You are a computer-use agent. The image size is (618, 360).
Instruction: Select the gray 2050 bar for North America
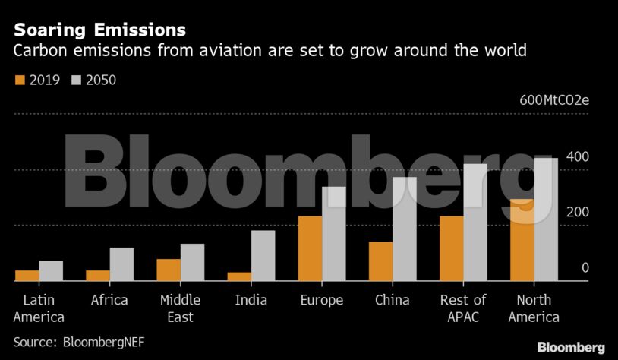click(546, 219)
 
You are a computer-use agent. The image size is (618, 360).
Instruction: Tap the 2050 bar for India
click(263, 255)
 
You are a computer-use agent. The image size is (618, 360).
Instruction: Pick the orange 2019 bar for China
click(380, 261)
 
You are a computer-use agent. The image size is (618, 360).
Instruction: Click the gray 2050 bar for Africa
click(121, 264)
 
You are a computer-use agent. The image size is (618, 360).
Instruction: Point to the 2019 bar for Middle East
click(169, 270)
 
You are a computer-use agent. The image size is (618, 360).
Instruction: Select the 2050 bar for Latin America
click(51, 271)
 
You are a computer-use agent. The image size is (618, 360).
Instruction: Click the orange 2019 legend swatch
click(20, 79)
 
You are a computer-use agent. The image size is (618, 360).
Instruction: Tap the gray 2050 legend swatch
click(76, 79)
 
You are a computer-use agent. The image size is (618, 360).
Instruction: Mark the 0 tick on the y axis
click(585, 267)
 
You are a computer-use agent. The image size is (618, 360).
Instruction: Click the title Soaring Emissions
click(99, 30)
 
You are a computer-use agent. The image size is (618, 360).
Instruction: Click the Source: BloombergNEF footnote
click(79, 342)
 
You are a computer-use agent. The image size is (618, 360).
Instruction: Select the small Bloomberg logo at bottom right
click(571, 347)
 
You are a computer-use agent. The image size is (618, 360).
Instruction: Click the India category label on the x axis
click(251, 300)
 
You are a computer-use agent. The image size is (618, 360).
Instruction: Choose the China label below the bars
click(393, 300)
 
